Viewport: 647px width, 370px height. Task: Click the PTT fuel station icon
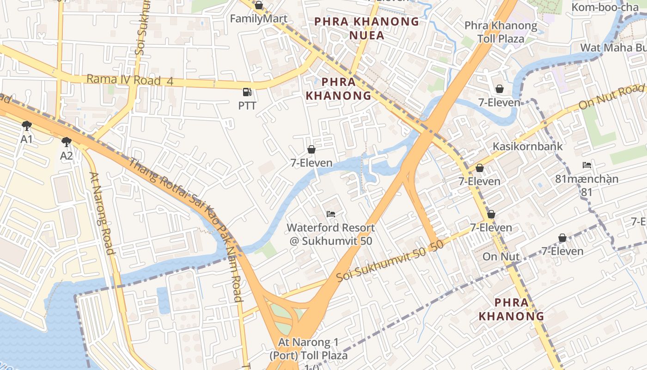pyautogui.click(x=247, y=92)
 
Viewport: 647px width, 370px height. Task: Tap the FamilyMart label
pyautogui.click(x=259, y=19)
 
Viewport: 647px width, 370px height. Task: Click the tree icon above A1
pyautogui.click(x=26, y=125)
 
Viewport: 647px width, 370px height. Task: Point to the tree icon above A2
pyautogui.click(x=67, y=142)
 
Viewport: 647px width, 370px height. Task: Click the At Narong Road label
pyautogui.click(x=102, y=213)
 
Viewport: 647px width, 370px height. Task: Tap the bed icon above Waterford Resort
pyautogui.click(x=331, y=214)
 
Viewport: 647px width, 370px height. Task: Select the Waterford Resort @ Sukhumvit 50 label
pyautogui.click(x=331, y=234)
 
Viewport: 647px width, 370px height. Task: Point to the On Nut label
pyautogui.click(x=501, y=257)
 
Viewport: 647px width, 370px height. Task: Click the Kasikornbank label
pyautogui.click(x=527, y=147)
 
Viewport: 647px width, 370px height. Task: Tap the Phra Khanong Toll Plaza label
pyautogui.click(x=501, y=32)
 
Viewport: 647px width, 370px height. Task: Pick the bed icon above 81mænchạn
pyautogui.click(x=587, y=165)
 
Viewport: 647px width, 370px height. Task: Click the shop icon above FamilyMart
pyautogui.click(x=259, y=6)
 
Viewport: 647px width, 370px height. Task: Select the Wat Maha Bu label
pyautogui.click(x=613, y=48)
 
